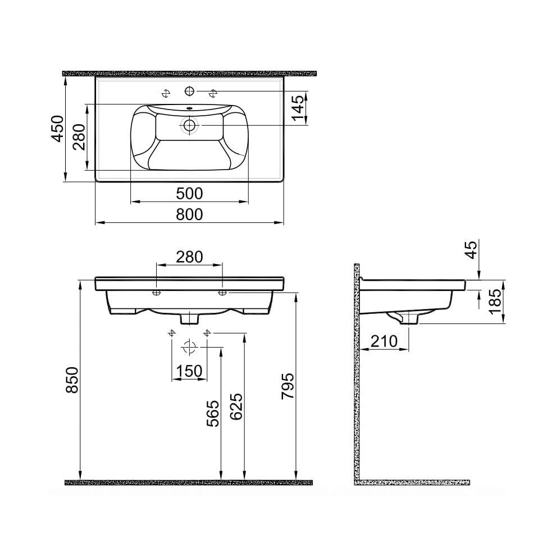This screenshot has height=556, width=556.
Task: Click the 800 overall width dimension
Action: pyautogui.click(x=189, y=214)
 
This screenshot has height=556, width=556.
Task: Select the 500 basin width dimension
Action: pyautogui.click(x=189, y=194)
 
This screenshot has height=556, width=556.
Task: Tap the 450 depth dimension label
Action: pyautogui.click(x=57, y=129)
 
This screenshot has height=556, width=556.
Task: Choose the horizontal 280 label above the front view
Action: pyautogui.click(x=189, y=257)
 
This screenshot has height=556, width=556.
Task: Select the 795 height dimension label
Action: pyautogui.click(x=287, y=386)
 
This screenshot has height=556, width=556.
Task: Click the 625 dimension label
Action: pyautogui.click(x=236, y=406)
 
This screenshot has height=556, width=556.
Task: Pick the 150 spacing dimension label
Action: pyautogui.click(x=189, y=371)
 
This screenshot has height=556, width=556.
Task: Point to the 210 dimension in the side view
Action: pyautogui.click(x=384, y=341)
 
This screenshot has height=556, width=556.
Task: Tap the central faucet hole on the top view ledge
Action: pyautogui.click(x=189, y=90)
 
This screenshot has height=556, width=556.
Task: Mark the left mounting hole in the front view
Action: pyautogui.click(x=157, y=293)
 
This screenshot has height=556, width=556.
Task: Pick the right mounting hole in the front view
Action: pyautogui.click(x=222, y=293)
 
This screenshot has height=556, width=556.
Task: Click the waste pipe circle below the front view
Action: pyautogui.click(x=189, y=347)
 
